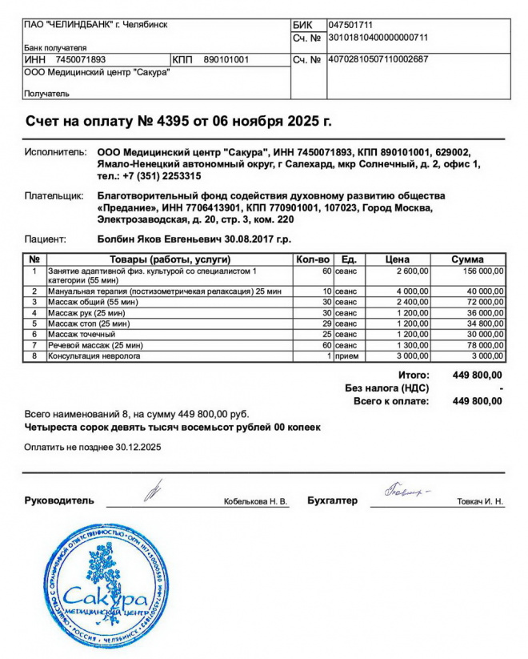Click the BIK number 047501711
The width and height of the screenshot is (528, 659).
[x=351, y=25]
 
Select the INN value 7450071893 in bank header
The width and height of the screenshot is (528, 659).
[x=81, y=59]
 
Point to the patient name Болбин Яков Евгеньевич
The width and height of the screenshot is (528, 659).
[x=151, y=239]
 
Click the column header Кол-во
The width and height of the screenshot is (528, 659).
[x=313, y=259]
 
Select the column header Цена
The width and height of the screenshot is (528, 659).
[x=398, y=259]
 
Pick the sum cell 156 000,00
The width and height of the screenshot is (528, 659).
[x=481, y=271]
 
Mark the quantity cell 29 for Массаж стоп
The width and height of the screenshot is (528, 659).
[x=326, y=323]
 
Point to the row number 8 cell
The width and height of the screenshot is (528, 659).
[x=34, y=356]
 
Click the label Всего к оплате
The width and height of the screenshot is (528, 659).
[x=391, y=400]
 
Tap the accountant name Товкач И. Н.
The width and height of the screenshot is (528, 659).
[x=480, y=501]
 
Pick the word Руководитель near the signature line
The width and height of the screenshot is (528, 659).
[x=59, y=500]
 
